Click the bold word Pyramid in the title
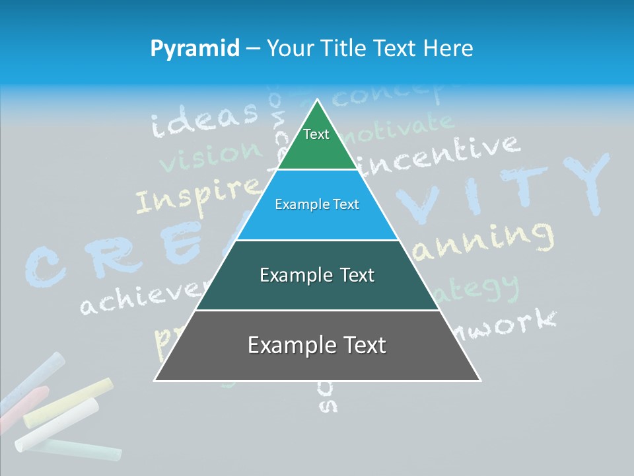click(195, 48)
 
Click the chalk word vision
click(210, 155)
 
